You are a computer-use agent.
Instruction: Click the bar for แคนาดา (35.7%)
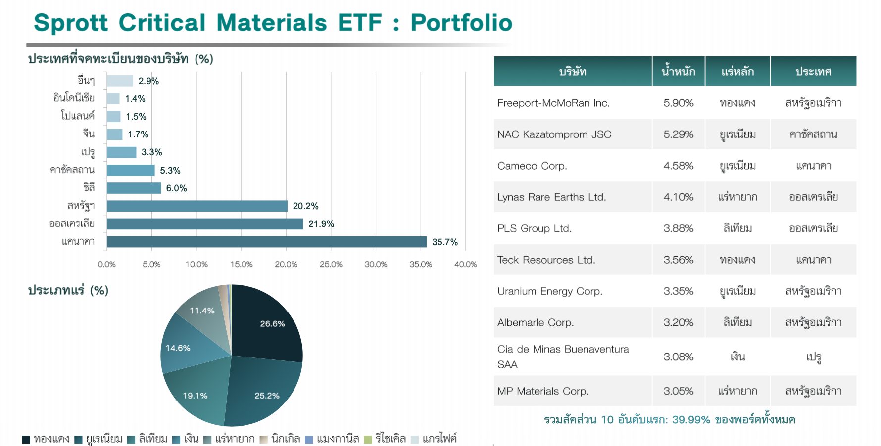[x=267, y=242]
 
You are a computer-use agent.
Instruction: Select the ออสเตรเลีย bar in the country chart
[x=205, y=224]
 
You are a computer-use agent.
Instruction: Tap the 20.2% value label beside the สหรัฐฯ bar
[x=305, y=206]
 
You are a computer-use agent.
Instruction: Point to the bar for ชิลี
[x=134, y=188]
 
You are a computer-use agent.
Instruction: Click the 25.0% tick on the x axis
[x=331, y=264]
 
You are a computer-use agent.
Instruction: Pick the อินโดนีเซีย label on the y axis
[x=74, y=98]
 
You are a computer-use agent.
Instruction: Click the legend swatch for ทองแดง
[x=26, y=439]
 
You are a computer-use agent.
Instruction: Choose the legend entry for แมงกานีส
[x=332, y=439]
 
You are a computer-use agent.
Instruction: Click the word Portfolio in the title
[x=461, y=23]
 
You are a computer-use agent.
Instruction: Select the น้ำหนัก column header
[x=678, y=71]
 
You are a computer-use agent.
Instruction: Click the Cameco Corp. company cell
[x=532, y=166]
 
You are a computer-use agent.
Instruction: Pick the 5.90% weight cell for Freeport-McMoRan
[x=678, y=103]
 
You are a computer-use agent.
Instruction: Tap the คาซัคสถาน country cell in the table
[x=813, y=134]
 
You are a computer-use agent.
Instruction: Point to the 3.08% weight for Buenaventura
[x=678, y=357]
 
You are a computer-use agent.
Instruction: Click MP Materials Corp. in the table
[x=543, y=391]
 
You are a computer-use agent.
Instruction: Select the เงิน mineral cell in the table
[x=737, y=357]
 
